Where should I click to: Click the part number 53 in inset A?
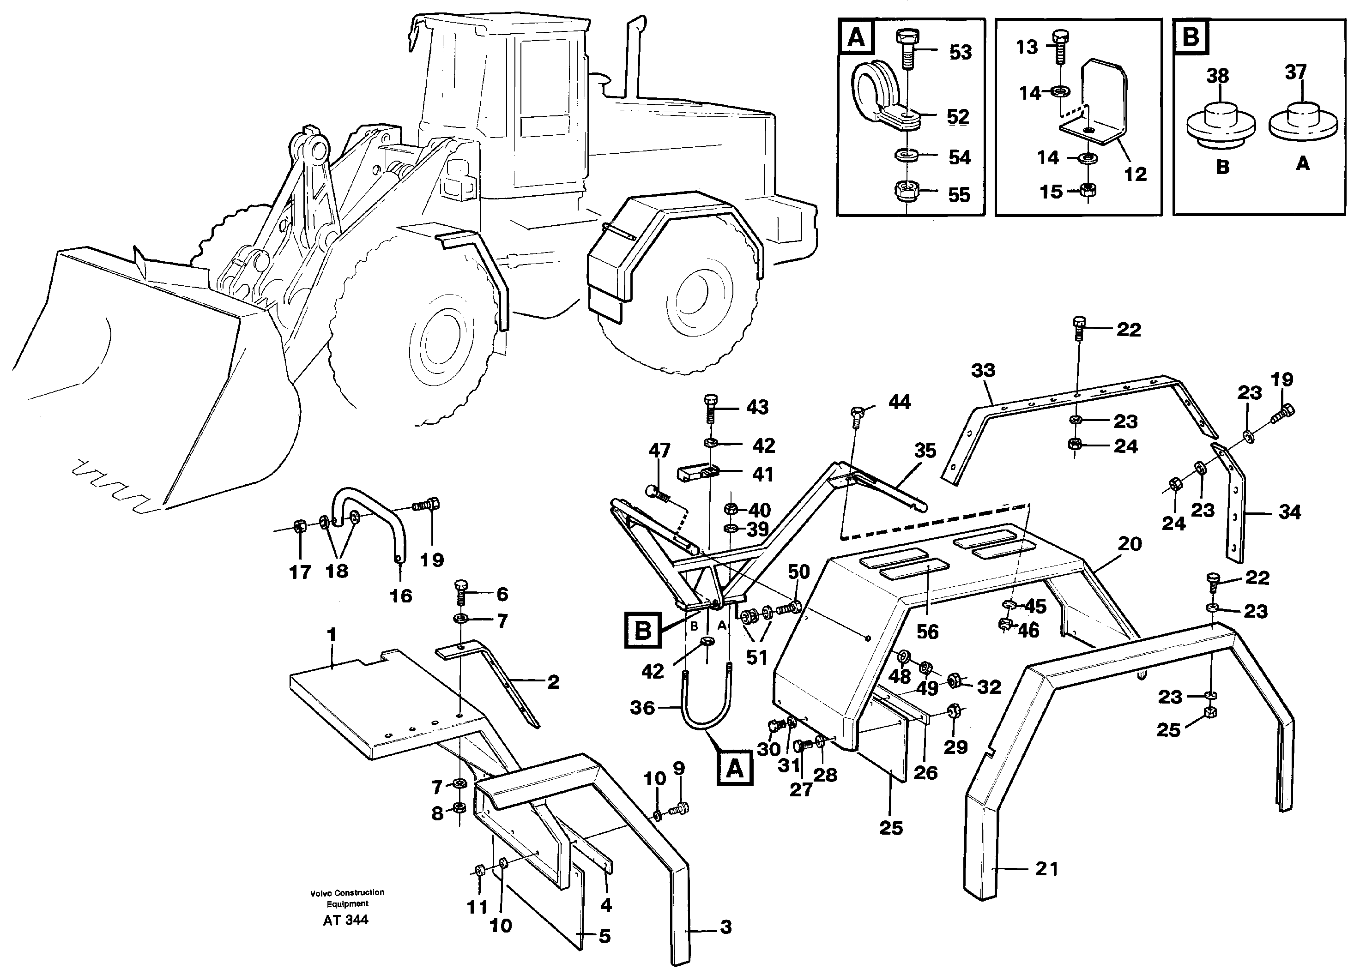pyautogui.click(x=960, y=52)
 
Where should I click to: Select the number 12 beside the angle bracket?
pyautogui.click(x=1135, y=174)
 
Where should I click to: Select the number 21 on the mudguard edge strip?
pyautogui.click(x=1047, y=868)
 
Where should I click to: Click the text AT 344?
pyautogui.click(x=346, y=921)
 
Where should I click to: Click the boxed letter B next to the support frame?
pyautogui.click(x=642, y=630)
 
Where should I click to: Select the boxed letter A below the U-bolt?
pyautogui.click(x=735, y=769)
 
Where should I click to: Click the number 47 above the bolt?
pyautogui.click(x=659, y=450)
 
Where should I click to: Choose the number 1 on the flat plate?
pyautogui.click(x=332, y=634)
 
